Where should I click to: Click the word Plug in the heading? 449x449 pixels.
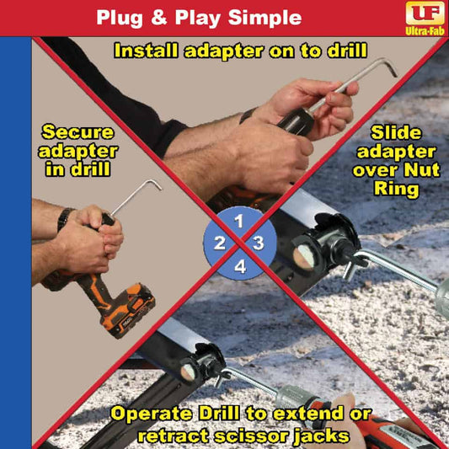tap(117, 18)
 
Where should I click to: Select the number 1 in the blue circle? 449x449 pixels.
tap(238, 223)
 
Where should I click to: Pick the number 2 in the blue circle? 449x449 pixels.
tap(219, 244)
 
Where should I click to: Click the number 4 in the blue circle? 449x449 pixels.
tap(239, 267)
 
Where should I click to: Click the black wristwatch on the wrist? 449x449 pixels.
tap(64, 217)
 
